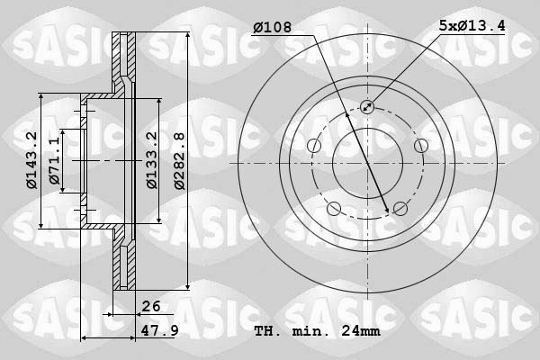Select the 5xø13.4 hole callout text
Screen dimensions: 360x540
coord(471,28)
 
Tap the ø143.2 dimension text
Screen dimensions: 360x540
coord(31,160)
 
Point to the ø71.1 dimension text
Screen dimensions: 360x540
coord(55,160)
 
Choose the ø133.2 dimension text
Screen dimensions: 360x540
coord(152,160)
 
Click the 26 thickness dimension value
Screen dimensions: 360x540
coord(150,306)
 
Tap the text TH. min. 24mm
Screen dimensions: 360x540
coord(317,331)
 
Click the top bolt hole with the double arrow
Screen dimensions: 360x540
coord(367,107)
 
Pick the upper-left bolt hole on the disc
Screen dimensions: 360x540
coord(314,146)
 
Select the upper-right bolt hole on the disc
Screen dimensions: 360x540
coord(420,146)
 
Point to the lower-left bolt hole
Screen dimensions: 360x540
coord(334,209)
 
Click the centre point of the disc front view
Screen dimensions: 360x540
coord(367,163)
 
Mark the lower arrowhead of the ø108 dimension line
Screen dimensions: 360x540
coord(389,211)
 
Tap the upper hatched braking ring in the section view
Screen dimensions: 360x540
coord(124,58)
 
